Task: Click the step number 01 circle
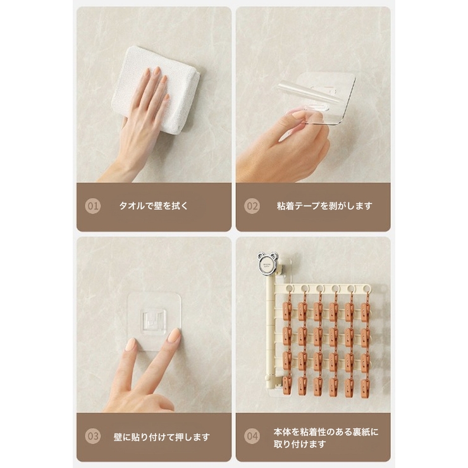[x=93, y=206]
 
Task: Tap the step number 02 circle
[x=252, y=206]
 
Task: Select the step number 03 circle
[x=93, y=436]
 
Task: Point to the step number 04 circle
[x=252, y=436]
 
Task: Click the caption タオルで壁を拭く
[x=154, y=206]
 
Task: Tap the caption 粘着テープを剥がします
[x=324, y=206]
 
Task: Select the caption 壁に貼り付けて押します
[x=162, y=437]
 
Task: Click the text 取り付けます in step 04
[x=300, y=444]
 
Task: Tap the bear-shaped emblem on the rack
[x=268, y=264]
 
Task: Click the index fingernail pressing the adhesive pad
[x=131, y=345]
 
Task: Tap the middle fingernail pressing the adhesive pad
[x=174, y=335]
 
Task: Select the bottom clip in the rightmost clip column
[x=365, y=388]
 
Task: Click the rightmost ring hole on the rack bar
[x=366, y=288]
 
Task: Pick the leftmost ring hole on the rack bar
[x=289, y=288]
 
